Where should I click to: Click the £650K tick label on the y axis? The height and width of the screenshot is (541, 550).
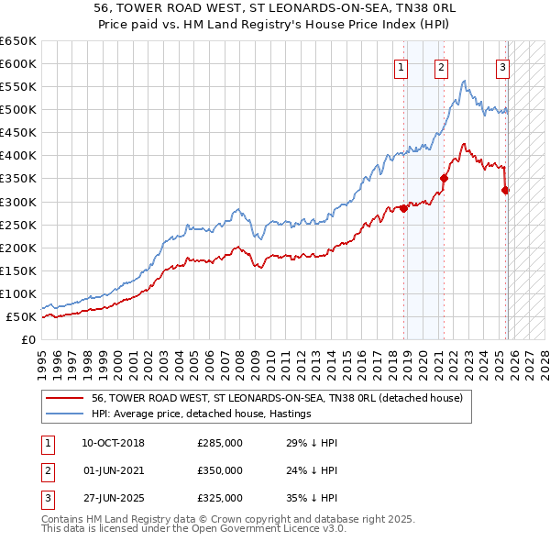pyautogui.click(x=18, y=41)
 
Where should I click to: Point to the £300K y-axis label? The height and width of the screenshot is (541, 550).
pyautogui.click(x=18, y=202)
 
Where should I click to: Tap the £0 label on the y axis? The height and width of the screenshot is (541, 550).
pyautogui.click(x=28, y=339)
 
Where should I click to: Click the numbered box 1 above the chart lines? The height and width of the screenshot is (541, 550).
pyautogui.click(x=401, y=66)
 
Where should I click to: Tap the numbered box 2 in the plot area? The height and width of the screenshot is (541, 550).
pyautogui.click(x=441, y=66)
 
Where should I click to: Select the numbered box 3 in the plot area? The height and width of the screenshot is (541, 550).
pyautogui.click(x=503, y=66)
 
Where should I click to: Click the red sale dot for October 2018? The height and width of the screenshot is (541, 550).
pyautogui.click(x=404, y=209)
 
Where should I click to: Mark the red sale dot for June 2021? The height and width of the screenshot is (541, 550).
pyautogui.click(x=445, y=179)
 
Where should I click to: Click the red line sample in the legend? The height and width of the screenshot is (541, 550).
pyautogui.click(x=65, y=399)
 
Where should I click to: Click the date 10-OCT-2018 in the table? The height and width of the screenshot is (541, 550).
pyautogui.click(x=114, y=443)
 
